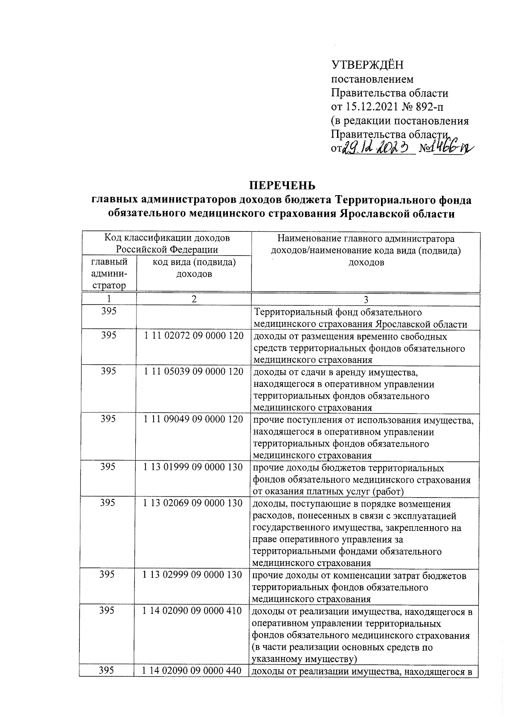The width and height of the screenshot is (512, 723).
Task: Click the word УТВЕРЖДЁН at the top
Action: (x=367, y=65)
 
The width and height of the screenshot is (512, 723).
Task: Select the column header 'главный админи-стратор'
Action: (x=109, y=274)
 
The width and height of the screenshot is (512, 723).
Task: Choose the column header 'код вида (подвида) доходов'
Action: (x=194, y=268)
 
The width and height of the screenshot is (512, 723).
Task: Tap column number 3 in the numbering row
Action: (x=366, y=300)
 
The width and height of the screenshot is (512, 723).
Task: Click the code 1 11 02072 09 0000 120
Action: (x=194, y=336)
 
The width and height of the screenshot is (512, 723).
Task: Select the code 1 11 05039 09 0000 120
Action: (x=194, y=372)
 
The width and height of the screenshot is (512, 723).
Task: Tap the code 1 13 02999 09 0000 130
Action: (x=192, y=574)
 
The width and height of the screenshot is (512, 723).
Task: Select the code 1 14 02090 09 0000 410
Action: (x=192, y=611)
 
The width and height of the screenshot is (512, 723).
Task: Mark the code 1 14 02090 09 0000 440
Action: (x=192, y=671)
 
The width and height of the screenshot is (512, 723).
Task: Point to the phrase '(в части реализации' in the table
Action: (x=294, y=648)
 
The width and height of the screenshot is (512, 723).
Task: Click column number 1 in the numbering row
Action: (x=109, y=299)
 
